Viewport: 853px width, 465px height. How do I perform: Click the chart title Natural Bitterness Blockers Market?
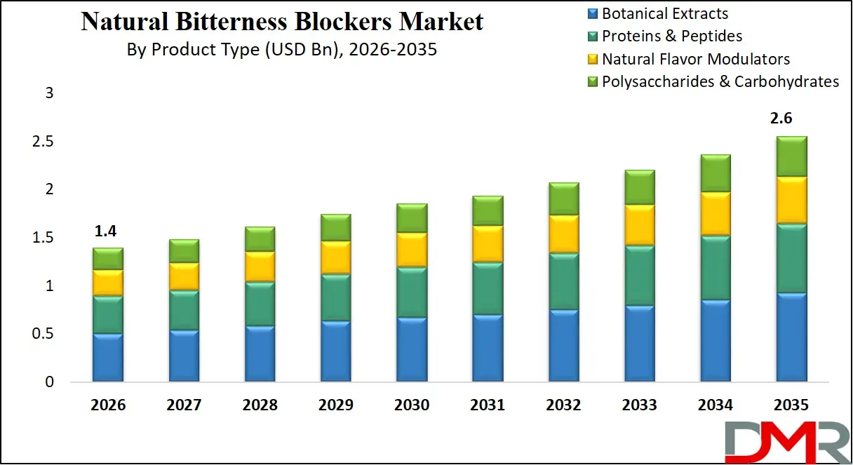282,22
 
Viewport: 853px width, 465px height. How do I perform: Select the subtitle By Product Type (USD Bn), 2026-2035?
282,50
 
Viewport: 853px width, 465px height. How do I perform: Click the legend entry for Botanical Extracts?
665,14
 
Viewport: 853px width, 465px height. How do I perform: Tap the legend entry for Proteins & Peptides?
672,36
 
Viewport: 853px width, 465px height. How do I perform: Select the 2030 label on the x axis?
412,405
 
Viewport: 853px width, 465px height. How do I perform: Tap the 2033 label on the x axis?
640,405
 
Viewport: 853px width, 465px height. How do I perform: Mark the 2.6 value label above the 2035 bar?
791,119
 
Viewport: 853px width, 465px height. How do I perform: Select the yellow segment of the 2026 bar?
108,283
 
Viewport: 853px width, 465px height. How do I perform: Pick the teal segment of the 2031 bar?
488,288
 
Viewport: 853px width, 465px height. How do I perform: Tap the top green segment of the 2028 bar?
260,239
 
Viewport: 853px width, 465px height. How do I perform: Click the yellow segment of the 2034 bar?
716,214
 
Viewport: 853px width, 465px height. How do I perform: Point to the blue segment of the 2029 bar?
335,351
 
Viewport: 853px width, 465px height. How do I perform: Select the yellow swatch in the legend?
591,60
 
